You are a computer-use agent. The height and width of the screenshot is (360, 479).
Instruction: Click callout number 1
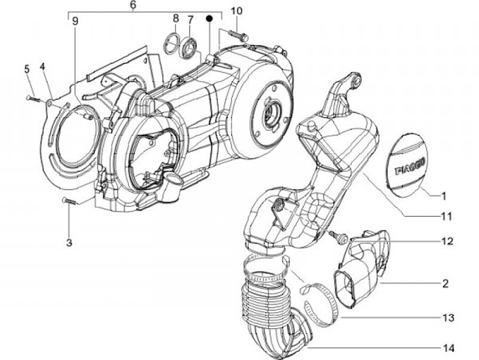(443, 196)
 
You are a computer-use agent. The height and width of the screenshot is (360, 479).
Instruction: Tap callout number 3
(69, 242)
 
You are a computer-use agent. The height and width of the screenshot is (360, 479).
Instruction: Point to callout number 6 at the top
(133, 5)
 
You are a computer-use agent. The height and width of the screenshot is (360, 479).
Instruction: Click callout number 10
(238, 11)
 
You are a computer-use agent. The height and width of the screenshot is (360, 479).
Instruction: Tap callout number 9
(75, 21)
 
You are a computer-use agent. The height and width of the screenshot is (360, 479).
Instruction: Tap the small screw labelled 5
(31, 97)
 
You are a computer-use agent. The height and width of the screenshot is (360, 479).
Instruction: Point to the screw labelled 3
(69, 200)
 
